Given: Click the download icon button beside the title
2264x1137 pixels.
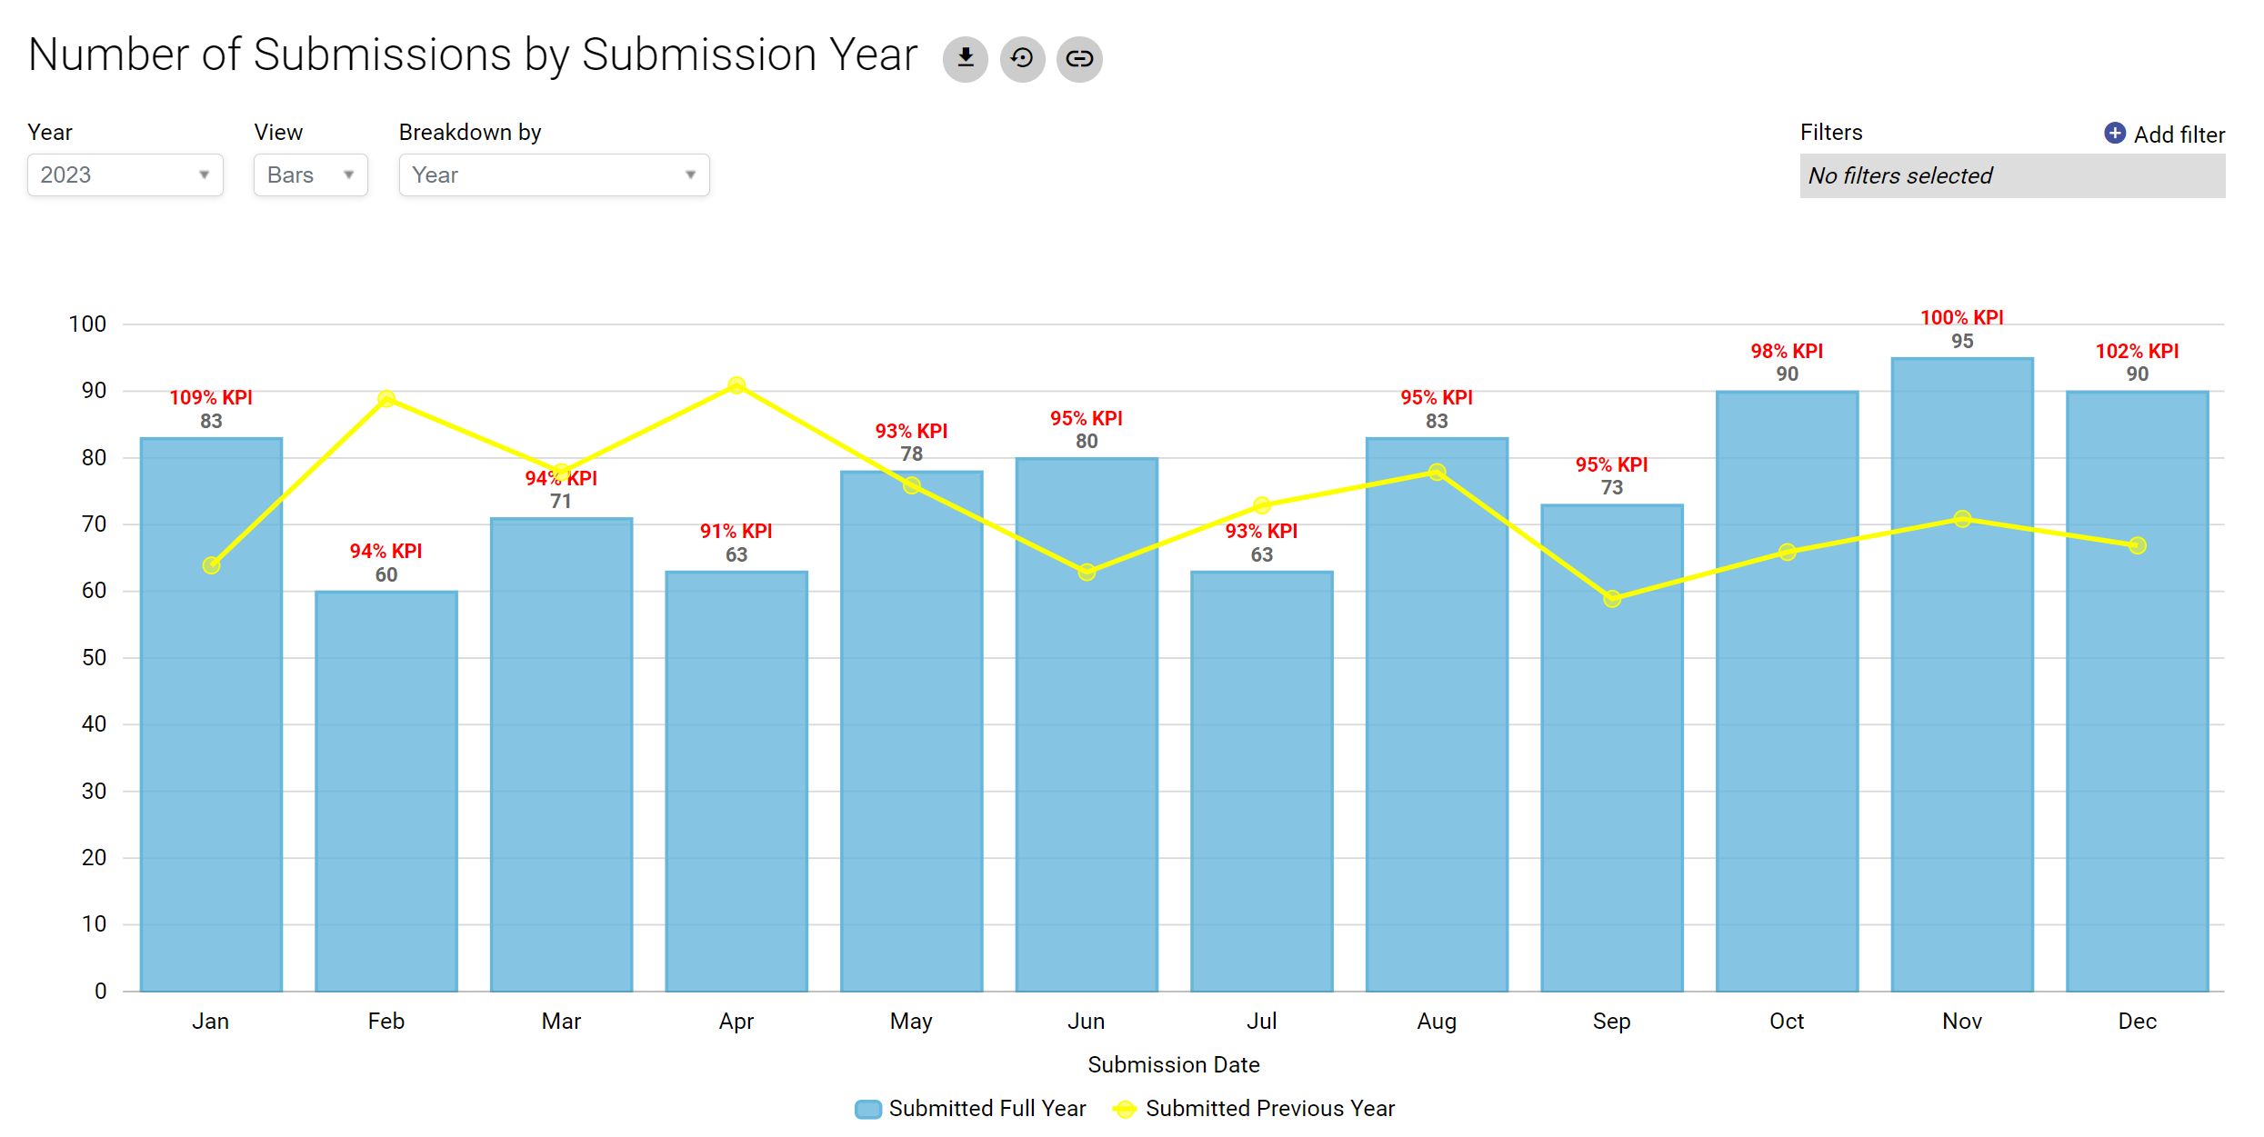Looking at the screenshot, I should point(965,59).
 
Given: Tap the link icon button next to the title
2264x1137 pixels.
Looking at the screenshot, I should point(1079,59).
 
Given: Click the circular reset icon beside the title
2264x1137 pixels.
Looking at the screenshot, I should point(1022,59).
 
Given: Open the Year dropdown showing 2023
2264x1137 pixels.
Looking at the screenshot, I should point(125,175).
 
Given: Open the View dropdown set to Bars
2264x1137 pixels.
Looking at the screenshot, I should point(310,175).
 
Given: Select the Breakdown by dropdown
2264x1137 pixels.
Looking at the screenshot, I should point(554,175).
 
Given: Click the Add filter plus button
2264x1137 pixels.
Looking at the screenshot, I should point(2115,134).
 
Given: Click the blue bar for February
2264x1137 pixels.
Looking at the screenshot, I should point(386,791).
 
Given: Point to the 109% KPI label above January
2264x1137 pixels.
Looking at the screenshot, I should point(211,398).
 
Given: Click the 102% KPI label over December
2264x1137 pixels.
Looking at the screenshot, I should point(2137,352).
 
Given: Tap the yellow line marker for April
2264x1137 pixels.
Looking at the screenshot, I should point(736,385).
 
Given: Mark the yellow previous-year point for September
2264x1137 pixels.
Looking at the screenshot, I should point(1612,598).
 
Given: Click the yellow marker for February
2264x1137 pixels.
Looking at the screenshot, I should point(386,399).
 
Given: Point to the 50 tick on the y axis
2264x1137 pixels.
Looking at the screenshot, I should point(94,658).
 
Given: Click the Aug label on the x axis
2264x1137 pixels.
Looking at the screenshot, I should point(1437,1022).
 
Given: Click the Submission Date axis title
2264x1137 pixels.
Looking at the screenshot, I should point(1173,1065).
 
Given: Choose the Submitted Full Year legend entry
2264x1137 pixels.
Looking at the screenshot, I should point(971,1109).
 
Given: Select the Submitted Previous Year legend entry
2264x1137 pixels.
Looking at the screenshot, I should point(1255,1109).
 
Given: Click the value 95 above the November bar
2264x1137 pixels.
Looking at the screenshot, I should point(1962,342).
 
